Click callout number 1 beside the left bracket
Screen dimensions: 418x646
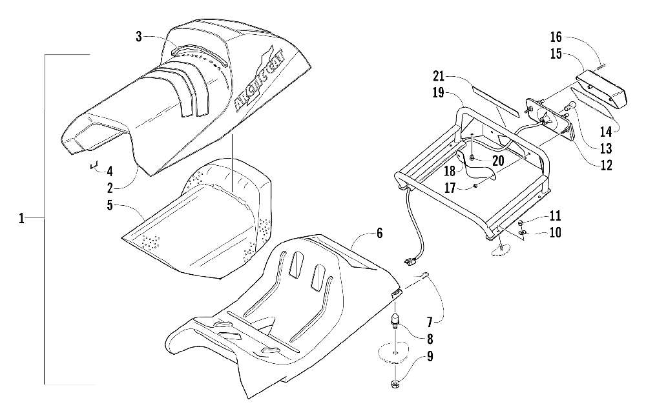(21, 219)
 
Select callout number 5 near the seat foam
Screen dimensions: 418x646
(110, 206)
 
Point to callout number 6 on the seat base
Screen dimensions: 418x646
(379, 234)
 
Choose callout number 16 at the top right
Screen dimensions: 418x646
(556, 35)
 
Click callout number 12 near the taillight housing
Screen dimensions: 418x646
(606, 165)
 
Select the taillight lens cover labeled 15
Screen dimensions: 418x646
(602, 88)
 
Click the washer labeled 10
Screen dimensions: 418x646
(523, 232)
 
